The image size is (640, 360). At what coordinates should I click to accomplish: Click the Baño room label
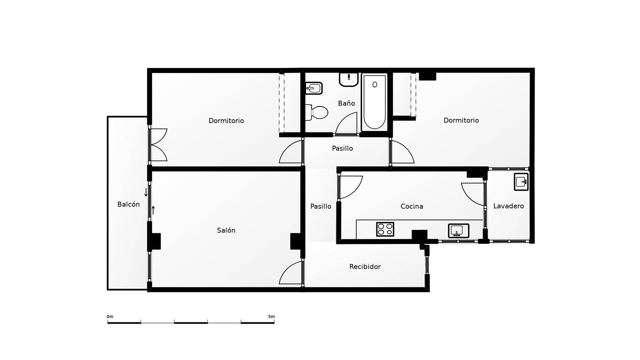click(346, 103)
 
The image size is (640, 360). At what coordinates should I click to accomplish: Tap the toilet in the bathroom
click(317, 112)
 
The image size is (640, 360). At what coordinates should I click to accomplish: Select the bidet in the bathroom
click(314, 88)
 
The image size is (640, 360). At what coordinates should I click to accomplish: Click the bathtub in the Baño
click(375, 102)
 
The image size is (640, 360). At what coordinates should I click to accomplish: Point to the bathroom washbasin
click(349, 79)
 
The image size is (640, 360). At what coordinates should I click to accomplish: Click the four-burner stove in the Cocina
click(385, 229)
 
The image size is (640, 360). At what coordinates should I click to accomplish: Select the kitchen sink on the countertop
click(458, 231)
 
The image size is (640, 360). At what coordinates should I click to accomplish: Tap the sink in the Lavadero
click(521, 182)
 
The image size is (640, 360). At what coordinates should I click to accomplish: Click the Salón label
click(226, 230)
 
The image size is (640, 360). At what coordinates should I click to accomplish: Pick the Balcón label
click(128, 204)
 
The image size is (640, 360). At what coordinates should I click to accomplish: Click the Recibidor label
click(365, 267)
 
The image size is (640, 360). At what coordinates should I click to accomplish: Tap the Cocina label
click(412, 206)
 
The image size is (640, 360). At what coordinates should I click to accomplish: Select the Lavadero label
click(508, 206)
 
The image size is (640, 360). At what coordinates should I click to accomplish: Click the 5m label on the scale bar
click(271, 317)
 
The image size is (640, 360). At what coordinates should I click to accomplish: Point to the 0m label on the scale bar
click(110, 317)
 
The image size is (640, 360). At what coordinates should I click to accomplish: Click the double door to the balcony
click(158, 145)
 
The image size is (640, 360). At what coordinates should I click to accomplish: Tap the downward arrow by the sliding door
click(146, 192)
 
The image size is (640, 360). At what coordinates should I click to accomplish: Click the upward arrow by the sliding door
click(153, 210)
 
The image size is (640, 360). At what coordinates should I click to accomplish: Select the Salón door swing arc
click(291, 273)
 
